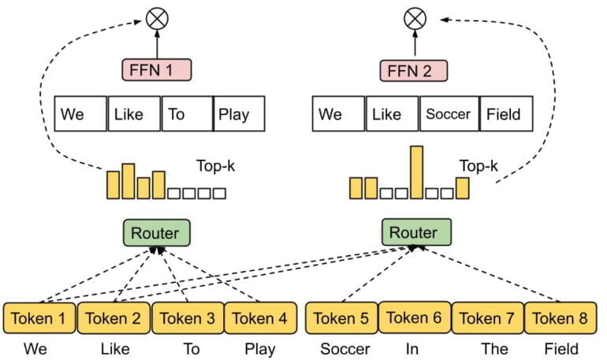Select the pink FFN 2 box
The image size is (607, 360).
click(415, 70)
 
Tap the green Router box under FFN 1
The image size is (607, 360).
click(156, 233)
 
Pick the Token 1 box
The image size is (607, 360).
click(39, 318)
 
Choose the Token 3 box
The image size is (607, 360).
click(187, 318)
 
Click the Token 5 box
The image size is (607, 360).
click(341, 318)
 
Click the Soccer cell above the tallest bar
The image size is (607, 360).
click(448, 114)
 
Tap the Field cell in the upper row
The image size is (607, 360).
click(504, 114)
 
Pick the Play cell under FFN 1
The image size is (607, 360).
click(238, 114)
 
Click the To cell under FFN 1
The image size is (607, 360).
click(187, 114)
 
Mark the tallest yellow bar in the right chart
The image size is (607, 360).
click(416, 172)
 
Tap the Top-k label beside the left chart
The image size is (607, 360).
click(216, 166)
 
